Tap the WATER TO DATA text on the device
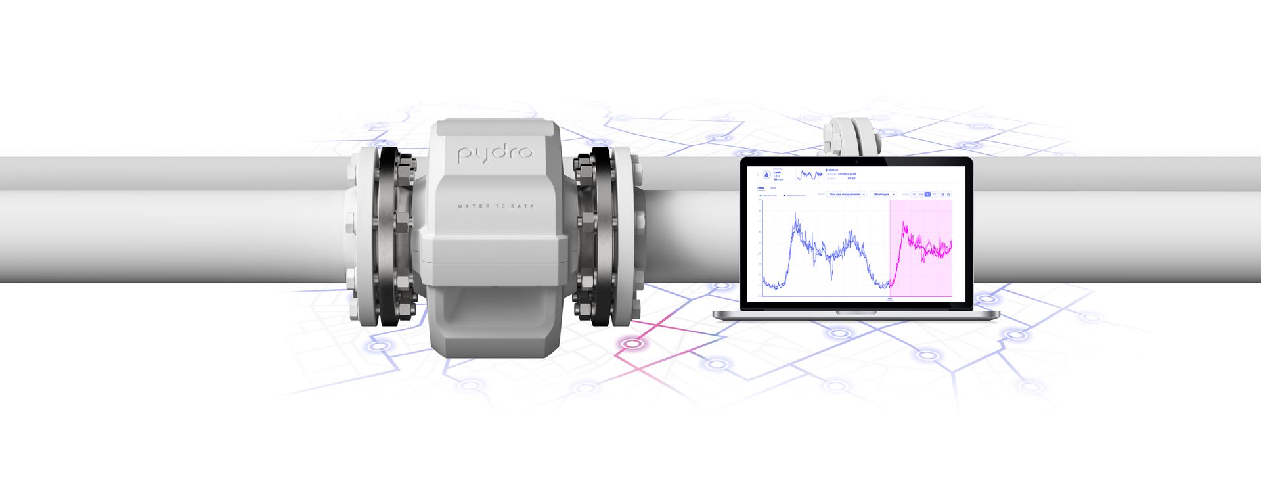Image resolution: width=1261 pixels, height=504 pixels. tap(495, 206)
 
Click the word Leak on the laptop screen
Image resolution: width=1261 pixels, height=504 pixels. tap(777, 172)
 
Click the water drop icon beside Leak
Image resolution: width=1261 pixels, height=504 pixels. tap(766, 175)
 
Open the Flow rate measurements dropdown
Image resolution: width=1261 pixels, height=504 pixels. tap(847, 195)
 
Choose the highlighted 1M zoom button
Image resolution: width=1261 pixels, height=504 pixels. tap(927, 195)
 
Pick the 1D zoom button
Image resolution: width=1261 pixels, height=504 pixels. tap(914, 195)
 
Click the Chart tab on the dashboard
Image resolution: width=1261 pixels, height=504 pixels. tap(761, 188)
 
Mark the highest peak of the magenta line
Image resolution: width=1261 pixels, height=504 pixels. tap(905, 224)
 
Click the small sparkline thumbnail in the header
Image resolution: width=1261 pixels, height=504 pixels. tap(810, 175)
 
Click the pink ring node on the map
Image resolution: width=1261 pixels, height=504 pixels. tap(632, 344)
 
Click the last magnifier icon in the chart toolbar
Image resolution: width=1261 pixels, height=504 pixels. tap(948, 195)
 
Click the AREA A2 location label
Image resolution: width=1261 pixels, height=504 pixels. tap(832, 170)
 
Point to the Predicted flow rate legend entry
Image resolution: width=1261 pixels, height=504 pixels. tap(795, 196)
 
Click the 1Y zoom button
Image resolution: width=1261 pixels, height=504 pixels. tap(934, 195)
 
